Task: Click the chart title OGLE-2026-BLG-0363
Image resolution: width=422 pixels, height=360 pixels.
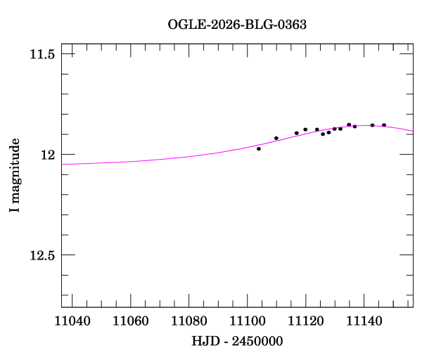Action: pos(237,24)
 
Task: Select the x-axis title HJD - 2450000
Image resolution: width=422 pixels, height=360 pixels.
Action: pos(237,341)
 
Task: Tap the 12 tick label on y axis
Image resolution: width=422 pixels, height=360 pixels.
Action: pos(49,155)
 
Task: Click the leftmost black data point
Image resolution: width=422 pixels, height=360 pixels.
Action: pos(259,148)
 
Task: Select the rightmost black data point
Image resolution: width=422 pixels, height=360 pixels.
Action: pos(384,125)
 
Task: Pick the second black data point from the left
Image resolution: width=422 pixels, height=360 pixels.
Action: pos(276,138)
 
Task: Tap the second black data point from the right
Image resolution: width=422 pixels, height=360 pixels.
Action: pos(372,125)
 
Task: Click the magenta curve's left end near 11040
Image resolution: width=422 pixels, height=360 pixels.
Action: pos(63,164)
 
